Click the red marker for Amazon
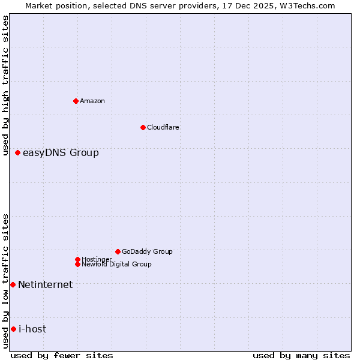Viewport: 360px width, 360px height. (x=76, y=101)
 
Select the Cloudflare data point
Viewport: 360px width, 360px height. (x=143, y=127)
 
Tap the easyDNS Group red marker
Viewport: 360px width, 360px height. (x=17, y=153)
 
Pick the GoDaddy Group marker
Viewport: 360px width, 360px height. (x=118, y=251)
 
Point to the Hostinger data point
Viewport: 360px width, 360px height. (x=77, y=259)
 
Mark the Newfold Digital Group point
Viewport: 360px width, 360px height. (x=77, y=264)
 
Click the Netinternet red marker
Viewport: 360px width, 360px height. (x=13, y=284)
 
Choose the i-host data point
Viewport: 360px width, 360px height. (x=13, y=329)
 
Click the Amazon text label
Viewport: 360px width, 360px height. (x=92, y=101)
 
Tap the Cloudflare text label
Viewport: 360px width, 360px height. (x=163, y=127)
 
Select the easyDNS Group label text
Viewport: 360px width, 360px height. (x=61, y=153)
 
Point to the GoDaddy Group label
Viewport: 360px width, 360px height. (x=147, y=251)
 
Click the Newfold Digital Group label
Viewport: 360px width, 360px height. (x=116, y=264)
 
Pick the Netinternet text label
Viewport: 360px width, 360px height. (x=46, y=284)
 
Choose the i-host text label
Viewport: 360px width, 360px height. (x=32, y=329)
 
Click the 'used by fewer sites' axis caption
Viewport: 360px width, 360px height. (x=62, y=355)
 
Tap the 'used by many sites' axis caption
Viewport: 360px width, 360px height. (x=301, y=355)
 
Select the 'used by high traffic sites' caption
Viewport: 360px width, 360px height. (x=6, y=85)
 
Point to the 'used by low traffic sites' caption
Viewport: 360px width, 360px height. (x=6, y=281)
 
